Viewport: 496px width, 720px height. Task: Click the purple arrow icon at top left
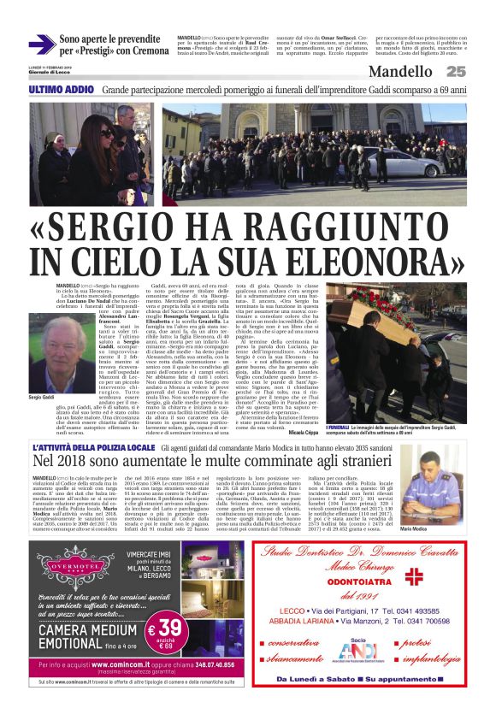pos(42,44)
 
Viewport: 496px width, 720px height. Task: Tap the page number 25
pos(456,72)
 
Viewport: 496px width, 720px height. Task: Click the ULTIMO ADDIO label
pos(61,89)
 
